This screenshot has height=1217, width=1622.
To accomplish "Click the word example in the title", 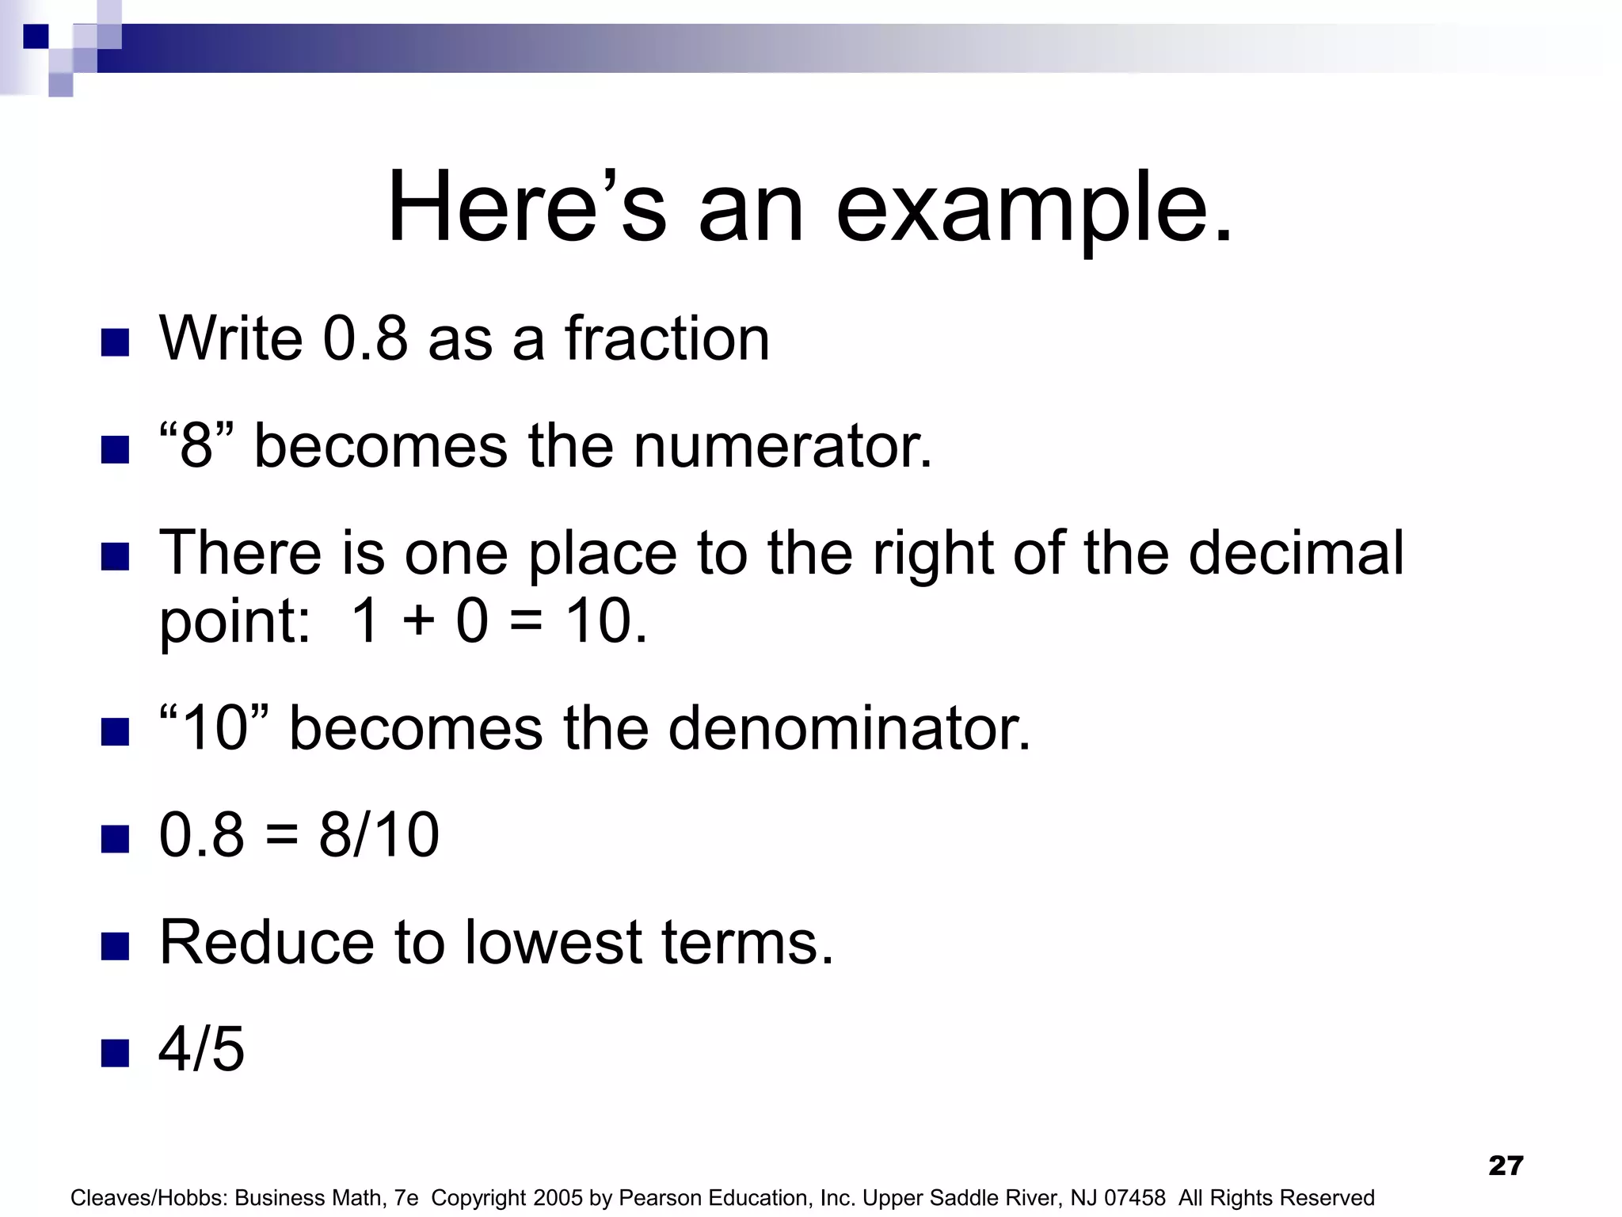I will point(1034,208).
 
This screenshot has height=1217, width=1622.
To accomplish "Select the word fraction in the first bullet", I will point(666,338).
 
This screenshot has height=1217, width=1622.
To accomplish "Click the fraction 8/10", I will point(379,834).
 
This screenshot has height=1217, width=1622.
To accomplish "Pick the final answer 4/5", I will point(201,1049).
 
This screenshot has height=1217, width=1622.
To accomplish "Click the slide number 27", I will point(1506,1165).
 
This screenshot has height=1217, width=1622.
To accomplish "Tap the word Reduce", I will point(266,942).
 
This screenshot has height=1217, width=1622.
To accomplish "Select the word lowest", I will point(553,942).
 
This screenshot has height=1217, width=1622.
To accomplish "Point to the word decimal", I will point(1296,552).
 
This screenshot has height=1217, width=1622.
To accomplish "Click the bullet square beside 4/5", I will point(116,1053).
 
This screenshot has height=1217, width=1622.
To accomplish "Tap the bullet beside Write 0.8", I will point(116,342).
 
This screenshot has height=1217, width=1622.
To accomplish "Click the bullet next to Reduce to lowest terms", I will point(116,946).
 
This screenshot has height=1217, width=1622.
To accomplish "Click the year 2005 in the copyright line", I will point(559,1198).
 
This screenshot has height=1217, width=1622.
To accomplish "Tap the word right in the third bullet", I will point(932,552).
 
